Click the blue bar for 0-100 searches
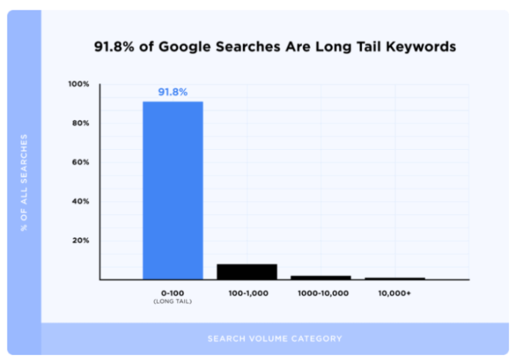pyautogui.click(x=173, y=190)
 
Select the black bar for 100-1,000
pyautogui.click(x=247, y=271)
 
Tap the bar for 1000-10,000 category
pyautogui.click(x=321, y=277)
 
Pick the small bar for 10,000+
pyautogui.click(x=395, y=278)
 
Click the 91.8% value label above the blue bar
pyautogui.click(x=173, y=92)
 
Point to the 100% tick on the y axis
pyautogui.click(x=79, y=84)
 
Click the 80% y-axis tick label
pyautogui.click(x=81, y=123)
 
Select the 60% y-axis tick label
pyautogui.click(x=81, y=162)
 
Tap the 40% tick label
pyautogui.click(x=81, y=201)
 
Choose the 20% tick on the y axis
pyautogui.click(x=81, y=240)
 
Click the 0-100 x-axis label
pyautogui.click(x=173, y=293)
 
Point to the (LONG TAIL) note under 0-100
pyautogui.click(x=173, y=300)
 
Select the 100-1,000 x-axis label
pyautogui.click(x=247, y=293)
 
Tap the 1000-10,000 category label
pyautogui.click(x=321, y=293)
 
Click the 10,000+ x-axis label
pyautogui.click(x=395, y=293)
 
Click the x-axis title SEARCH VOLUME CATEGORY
pyautogui.click(x=275, y=339)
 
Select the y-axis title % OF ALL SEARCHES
pyautogui.click(x=24, y=182)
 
